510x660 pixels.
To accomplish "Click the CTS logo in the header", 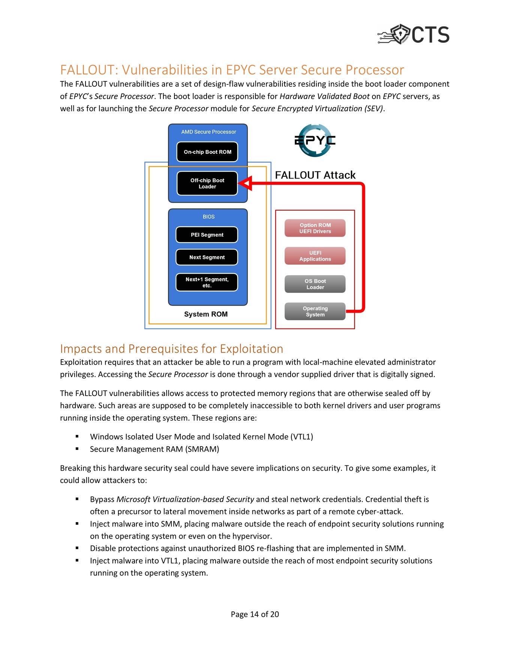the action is pos(413,34).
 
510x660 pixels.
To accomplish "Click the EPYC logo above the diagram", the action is pos(315,140).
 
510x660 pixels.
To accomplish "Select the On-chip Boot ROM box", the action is pos(207,152).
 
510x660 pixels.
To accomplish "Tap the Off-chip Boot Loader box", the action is pos(207,183).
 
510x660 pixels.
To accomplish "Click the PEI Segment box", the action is pos(207,235).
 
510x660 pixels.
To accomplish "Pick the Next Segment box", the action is pos(207,257).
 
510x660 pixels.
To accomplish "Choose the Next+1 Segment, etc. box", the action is pos(207,282).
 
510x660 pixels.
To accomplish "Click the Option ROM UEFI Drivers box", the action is pos(315,228).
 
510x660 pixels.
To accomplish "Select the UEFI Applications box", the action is pos(315,256).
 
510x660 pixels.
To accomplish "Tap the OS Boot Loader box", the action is pos(315,284).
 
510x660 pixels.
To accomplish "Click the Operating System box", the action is pos(315,311).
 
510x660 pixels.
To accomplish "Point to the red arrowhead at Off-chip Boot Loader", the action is pos(245,183).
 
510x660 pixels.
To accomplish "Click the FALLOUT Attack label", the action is pos(315,175).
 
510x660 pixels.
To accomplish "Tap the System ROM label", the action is pos(206,314).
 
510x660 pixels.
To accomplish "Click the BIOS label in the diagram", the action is pos(208,217).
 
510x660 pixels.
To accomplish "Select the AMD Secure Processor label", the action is pos(208,132).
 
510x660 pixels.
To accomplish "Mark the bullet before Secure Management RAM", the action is pos(77,448).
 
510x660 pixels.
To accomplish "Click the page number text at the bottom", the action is pos(255,614).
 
